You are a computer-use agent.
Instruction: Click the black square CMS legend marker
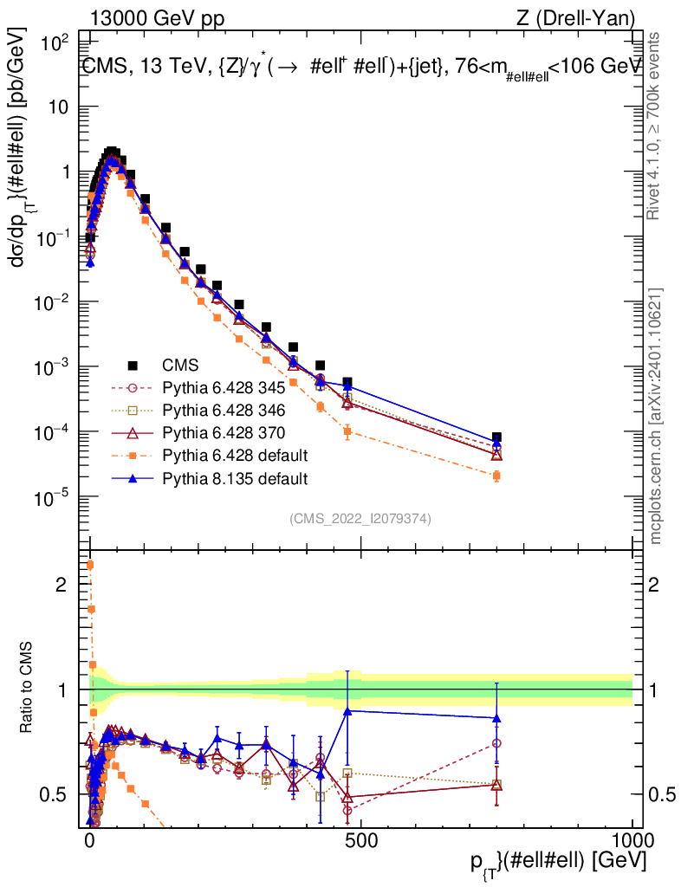click(x=133, y=366)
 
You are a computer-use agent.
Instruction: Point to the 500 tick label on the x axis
click(x=361, y=840)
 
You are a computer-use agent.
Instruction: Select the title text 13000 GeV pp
click(x=157, y=19)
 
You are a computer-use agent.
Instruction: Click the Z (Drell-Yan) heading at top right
click(x=576, y=19)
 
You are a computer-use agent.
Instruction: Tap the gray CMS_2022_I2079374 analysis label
click(x=360, y=519)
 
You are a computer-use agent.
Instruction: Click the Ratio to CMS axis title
click(x=27, y=688)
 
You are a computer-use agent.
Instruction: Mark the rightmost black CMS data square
click(x=496, y=437)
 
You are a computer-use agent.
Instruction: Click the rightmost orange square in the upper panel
click(x=496, y=476)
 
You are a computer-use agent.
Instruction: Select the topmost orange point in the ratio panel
click(x=90, y=565)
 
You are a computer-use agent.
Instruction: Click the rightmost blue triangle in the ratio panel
click(x=496, y=718)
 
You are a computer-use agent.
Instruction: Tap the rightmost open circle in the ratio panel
click(x=496, y=743)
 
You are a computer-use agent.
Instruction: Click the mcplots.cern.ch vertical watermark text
click(x=655, y=417)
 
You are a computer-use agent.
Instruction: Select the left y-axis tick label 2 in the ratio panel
click(x=62, y=585)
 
